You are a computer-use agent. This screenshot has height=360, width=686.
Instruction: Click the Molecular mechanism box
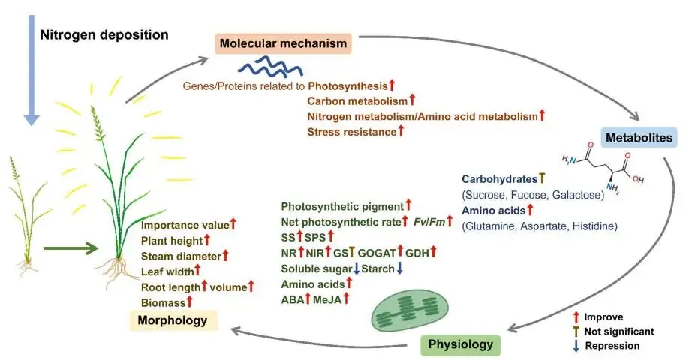click(x=284, y=43)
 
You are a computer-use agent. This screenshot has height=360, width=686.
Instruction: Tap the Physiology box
click(x=460, y=344)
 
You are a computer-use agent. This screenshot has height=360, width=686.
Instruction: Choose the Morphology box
click(x=173, y=321)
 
